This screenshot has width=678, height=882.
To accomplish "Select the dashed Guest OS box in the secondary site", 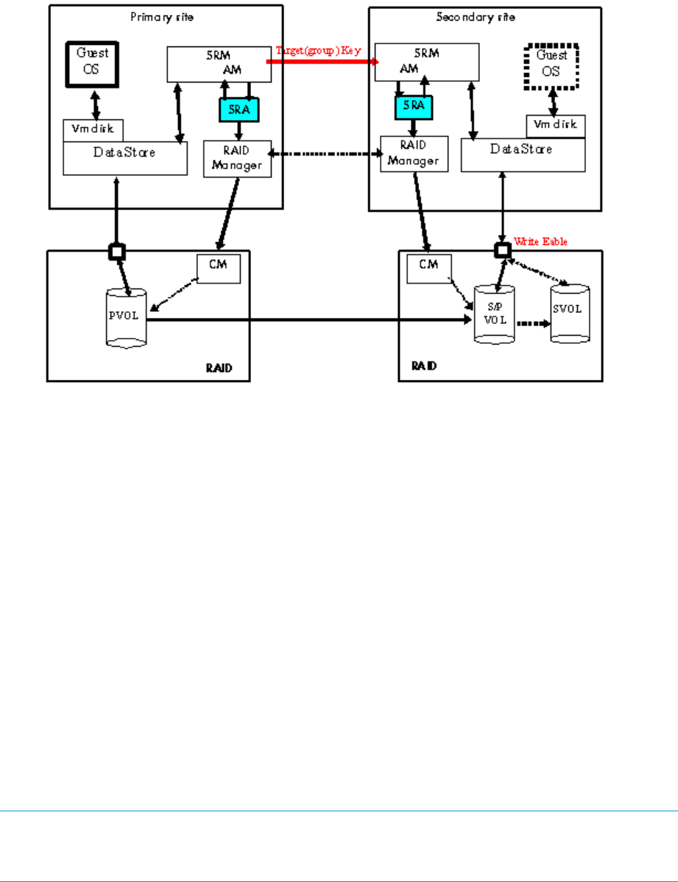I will pos(552,66).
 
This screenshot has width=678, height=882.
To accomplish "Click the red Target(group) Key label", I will pos(319,51).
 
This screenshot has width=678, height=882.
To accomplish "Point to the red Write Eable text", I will pos(542,241).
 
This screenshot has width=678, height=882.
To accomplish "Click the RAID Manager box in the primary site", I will pos(237,159).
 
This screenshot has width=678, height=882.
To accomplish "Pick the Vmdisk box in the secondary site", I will pos(556,126).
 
